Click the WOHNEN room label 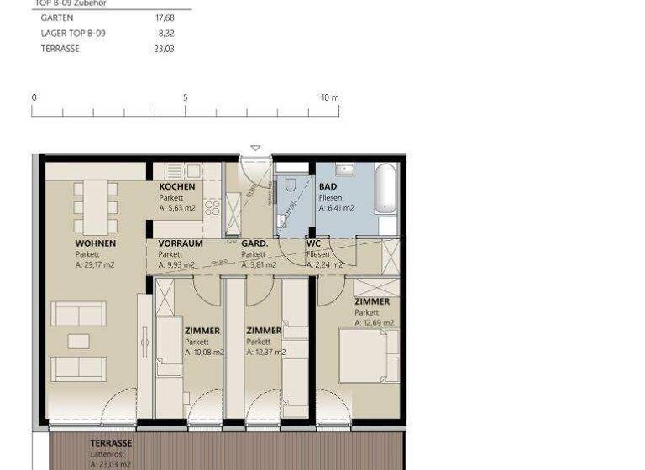click(96, 243)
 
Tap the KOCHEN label click(177, 186)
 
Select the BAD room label click(328, 186)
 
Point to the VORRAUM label click(181, 243)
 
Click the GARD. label click(254, 243)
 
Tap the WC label click(313, 243)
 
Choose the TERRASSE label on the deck click(111, 443)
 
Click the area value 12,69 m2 click(374, 322)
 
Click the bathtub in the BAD click(385, 191)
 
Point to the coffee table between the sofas click(79, 341)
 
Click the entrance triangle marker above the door click(255, 149)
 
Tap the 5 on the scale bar click(186, 97)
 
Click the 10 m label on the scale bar click(329, 97)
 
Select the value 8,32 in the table click(166, 34)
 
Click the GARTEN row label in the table click(57, 18)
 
